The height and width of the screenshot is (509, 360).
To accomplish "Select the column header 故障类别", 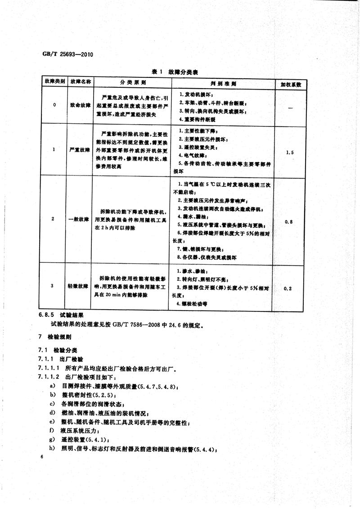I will tap(54, 83).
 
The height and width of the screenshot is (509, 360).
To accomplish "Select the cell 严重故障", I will tap(80, 149).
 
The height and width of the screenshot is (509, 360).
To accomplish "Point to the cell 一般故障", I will tap(80, 219).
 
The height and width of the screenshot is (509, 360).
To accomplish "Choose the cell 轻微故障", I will tap(80, 286).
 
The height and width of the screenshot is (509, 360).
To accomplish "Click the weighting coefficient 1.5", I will tap(290, 153).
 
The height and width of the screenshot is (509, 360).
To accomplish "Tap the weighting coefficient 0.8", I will tap(289, 222).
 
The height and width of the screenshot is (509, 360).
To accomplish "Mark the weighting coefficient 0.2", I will tap(289, 288).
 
